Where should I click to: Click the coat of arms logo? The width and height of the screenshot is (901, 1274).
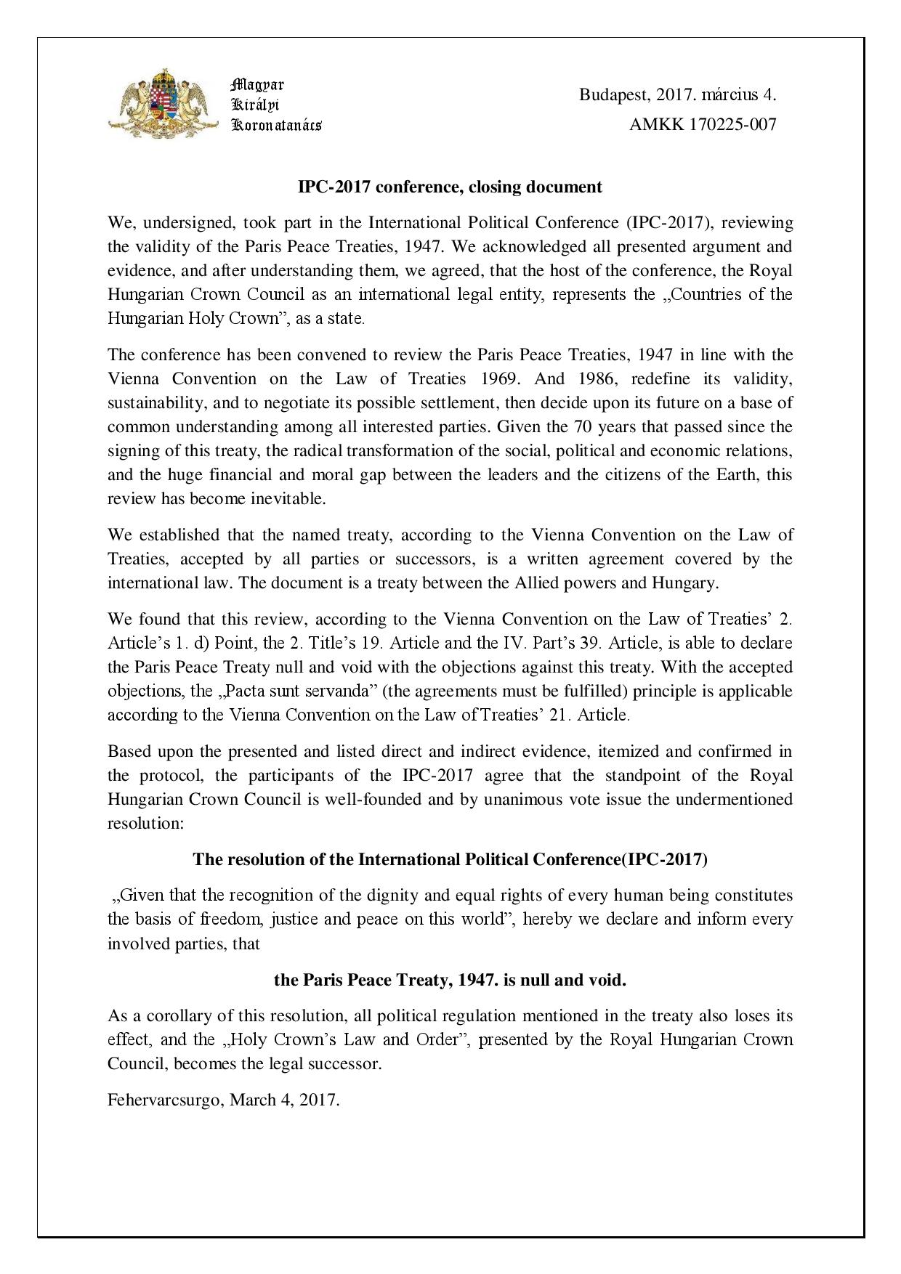(x=163, y=103)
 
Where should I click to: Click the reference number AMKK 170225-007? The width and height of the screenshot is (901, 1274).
(x=703, y=124)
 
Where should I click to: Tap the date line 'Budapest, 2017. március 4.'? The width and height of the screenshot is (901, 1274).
(x=677, y=94)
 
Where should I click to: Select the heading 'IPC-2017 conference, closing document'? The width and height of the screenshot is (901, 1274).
(x=450, y=187)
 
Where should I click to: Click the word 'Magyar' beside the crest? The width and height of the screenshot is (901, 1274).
(x=257, y=84)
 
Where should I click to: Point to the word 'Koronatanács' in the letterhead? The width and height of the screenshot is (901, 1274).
(x=276, y=124)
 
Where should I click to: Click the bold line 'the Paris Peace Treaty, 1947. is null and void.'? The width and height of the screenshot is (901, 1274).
(x=450, y=980)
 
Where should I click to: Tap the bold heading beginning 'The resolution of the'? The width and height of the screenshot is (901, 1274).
(x=450, y=859)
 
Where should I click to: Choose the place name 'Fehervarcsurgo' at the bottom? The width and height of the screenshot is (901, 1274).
(x=166, y=1100)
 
